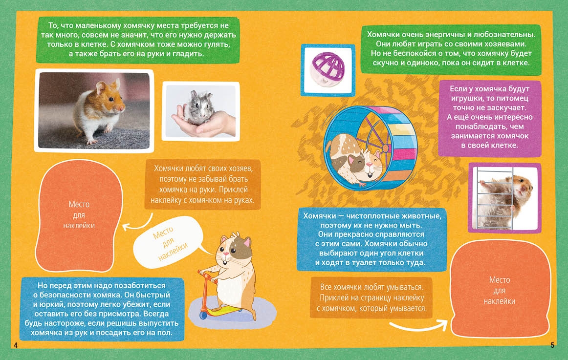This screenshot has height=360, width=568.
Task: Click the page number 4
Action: (x=16, y=345)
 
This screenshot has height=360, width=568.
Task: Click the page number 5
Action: (x=552, y=345)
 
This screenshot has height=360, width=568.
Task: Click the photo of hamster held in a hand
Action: (x=201, y=111)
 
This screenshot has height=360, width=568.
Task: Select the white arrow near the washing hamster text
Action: (x=419, y=325)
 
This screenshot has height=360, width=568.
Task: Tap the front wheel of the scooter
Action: (x=203, y=315)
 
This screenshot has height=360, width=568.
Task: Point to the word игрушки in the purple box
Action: (x=467, y=98)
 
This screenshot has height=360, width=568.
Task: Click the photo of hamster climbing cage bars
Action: (x=504, y=198)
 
